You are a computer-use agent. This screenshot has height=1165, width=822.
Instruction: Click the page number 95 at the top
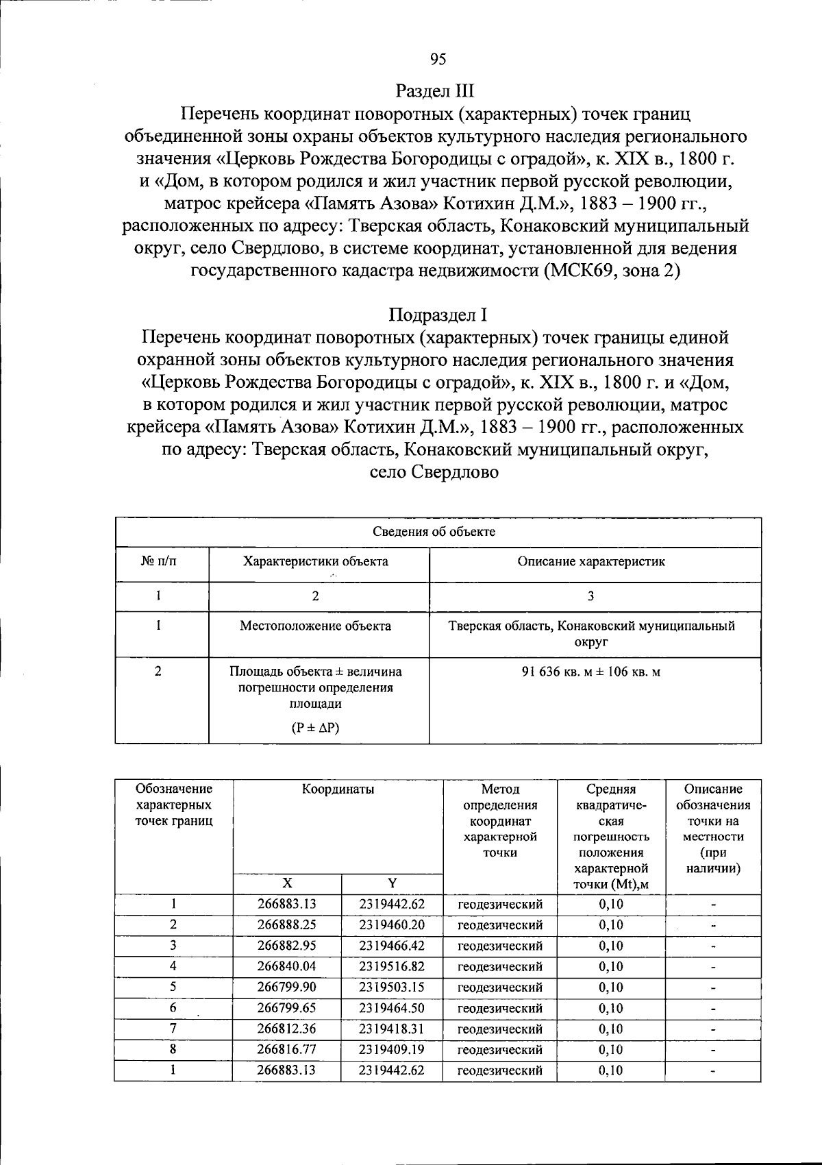pos(438,60)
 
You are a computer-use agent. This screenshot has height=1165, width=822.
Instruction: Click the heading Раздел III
pos(435,91)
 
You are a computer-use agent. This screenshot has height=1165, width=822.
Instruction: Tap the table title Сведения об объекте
pos(434,532)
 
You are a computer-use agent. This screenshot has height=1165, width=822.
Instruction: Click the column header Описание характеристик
pos(590,561)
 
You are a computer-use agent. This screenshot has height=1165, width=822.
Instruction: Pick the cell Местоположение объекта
pos(315,626)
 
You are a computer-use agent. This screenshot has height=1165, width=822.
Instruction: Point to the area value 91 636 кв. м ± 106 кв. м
pos(590,672)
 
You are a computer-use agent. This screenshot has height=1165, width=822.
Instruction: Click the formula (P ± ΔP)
pos(315,728)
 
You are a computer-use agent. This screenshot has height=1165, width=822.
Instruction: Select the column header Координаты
pos(338,789)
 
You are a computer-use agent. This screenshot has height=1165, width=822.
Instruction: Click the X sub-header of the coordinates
pos(287,883)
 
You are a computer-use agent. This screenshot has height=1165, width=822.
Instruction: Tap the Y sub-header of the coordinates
pos(393,883)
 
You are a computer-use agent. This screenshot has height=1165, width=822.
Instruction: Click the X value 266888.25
pos(287,924)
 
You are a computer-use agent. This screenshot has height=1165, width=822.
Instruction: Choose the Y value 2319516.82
pos(392,966)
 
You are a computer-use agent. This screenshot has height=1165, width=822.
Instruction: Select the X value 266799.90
pos(287,987)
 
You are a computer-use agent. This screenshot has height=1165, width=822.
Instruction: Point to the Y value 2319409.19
pos(392,1049)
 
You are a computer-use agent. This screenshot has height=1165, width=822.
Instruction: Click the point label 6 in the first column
pos(173,1008)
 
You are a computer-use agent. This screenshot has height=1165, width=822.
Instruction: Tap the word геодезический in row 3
pos(500,946)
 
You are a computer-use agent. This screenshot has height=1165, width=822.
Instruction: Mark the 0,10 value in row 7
pos(611,1029)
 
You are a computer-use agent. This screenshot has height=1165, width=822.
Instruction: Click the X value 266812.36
pos(287,1029)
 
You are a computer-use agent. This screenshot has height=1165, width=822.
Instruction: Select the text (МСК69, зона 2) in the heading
pos(612,271)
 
